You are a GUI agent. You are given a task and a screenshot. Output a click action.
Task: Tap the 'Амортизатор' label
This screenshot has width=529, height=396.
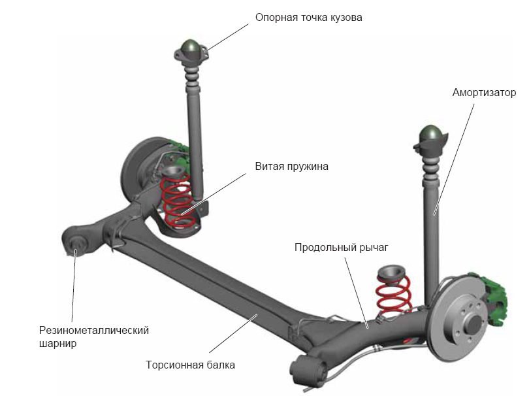[484, 92]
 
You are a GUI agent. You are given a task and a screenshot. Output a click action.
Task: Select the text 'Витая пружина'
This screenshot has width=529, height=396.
[291, 166]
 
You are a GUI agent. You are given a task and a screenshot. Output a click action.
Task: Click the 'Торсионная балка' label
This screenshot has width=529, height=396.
[190, 365]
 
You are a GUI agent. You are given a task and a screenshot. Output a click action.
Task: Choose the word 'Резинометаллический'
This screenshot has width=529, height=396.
[94, 330]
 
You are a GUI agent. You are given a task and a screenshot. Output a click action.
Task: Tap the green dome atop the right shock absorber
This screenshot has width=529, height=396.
[432, 133]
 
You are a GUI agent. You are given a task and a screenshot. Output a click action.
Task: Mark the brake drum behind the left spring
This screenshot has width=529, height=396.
[140, 167]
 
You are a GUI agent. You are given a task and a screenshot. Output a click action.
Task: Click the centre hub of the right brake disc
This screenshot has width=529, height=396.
[471, 322]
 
